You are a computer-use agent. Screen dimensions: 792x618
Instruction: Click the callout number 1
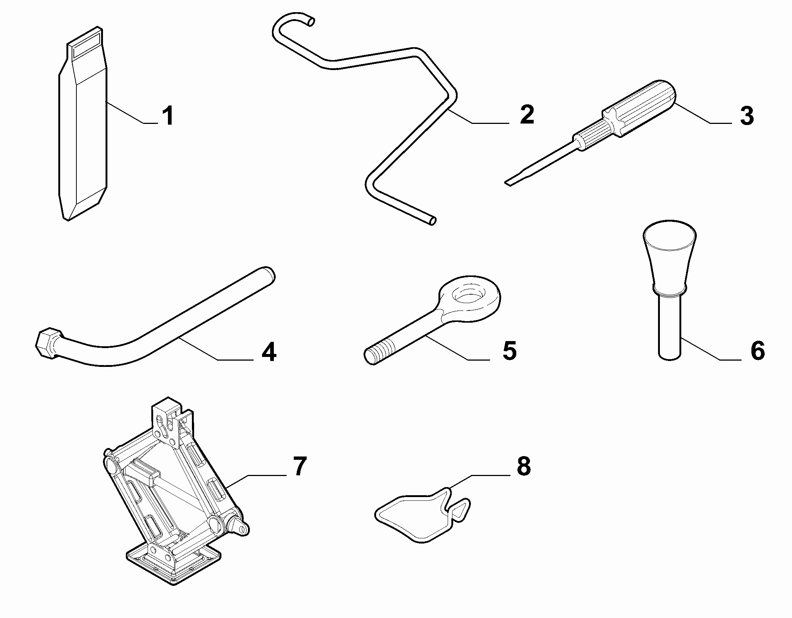pyautogui.click(x=168, y=115)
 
